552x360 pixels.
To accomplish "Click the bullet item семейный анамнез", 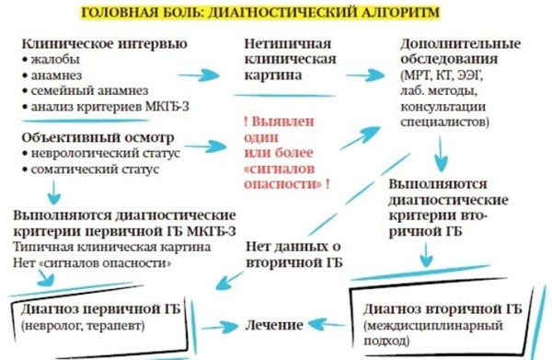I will point(86,92).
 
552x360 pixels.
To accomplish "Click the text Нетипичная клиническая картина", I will point(290,60).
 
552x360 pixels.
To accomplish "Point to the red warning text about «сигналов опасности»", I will point(287,152).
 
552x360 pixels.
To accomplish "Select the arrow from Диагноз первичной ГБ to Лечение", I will point(222,325).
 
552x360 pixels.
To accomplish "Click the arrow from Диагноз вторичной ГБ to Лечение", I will point(328,324).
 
